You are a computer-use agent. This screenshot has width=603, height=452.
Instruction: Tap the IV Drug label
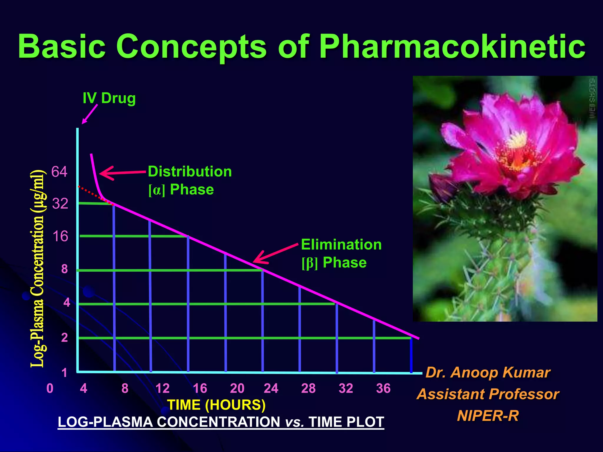tap(109, 98)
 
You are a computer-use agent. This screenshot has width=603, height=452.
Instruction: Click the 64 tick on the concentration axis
tap(59, 172)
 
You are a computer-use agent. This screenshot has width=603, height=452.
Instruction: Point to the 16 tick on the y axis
tap(60, 236)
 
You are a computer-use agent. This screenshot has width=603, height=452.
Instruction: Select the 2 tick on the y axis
tap(64, 338)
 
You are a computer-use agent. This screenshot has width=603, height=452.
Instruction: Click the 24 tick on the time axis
tap(271, 388)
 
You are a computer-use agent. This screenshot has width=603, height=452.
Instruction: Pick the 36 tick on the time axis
tap(383, 388)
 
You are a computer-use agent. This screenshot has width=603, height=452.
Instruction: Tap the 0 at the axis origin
tap(50, 388)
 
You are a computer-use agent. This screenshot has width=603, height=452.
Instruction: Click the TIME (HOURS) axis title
tap(216, 405)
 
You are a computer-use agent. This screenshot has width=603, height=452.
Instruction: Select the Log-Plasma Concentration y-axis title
tap(38, 268)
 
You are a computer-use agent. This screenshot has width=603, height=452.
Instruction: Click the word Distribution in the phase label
tap(190, 172)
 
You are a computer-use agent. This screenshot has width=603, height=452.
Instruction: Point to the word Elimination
tap(341, 245)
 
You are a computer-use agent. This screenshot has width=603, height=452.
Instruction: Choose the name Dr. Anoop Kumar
tap(488, 373)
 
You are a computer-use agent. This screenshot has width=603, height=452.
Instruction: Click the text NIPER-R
tap(488, 416)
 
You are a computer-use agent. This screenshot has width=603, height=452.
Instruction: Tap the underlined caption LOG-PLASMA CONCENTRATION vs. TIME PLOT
tap(221, 422)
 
